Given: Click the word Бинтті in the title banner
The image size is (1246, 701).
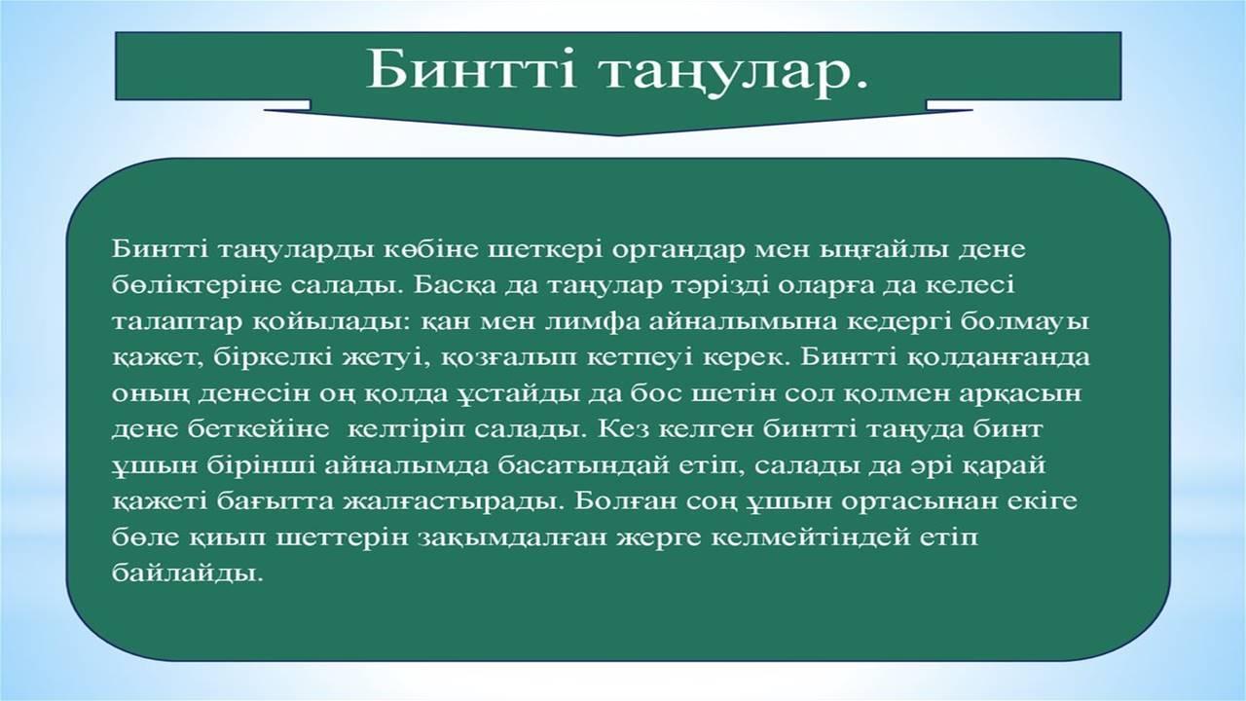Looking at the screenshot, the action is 471,69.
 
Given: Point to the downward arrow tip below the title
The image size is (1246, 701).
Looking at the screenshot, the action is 617,135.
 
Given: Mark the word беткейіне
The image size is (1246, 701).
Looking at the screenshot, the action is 259,430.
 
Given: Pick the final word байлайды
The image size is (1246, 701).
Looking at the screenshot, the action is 186,573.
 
